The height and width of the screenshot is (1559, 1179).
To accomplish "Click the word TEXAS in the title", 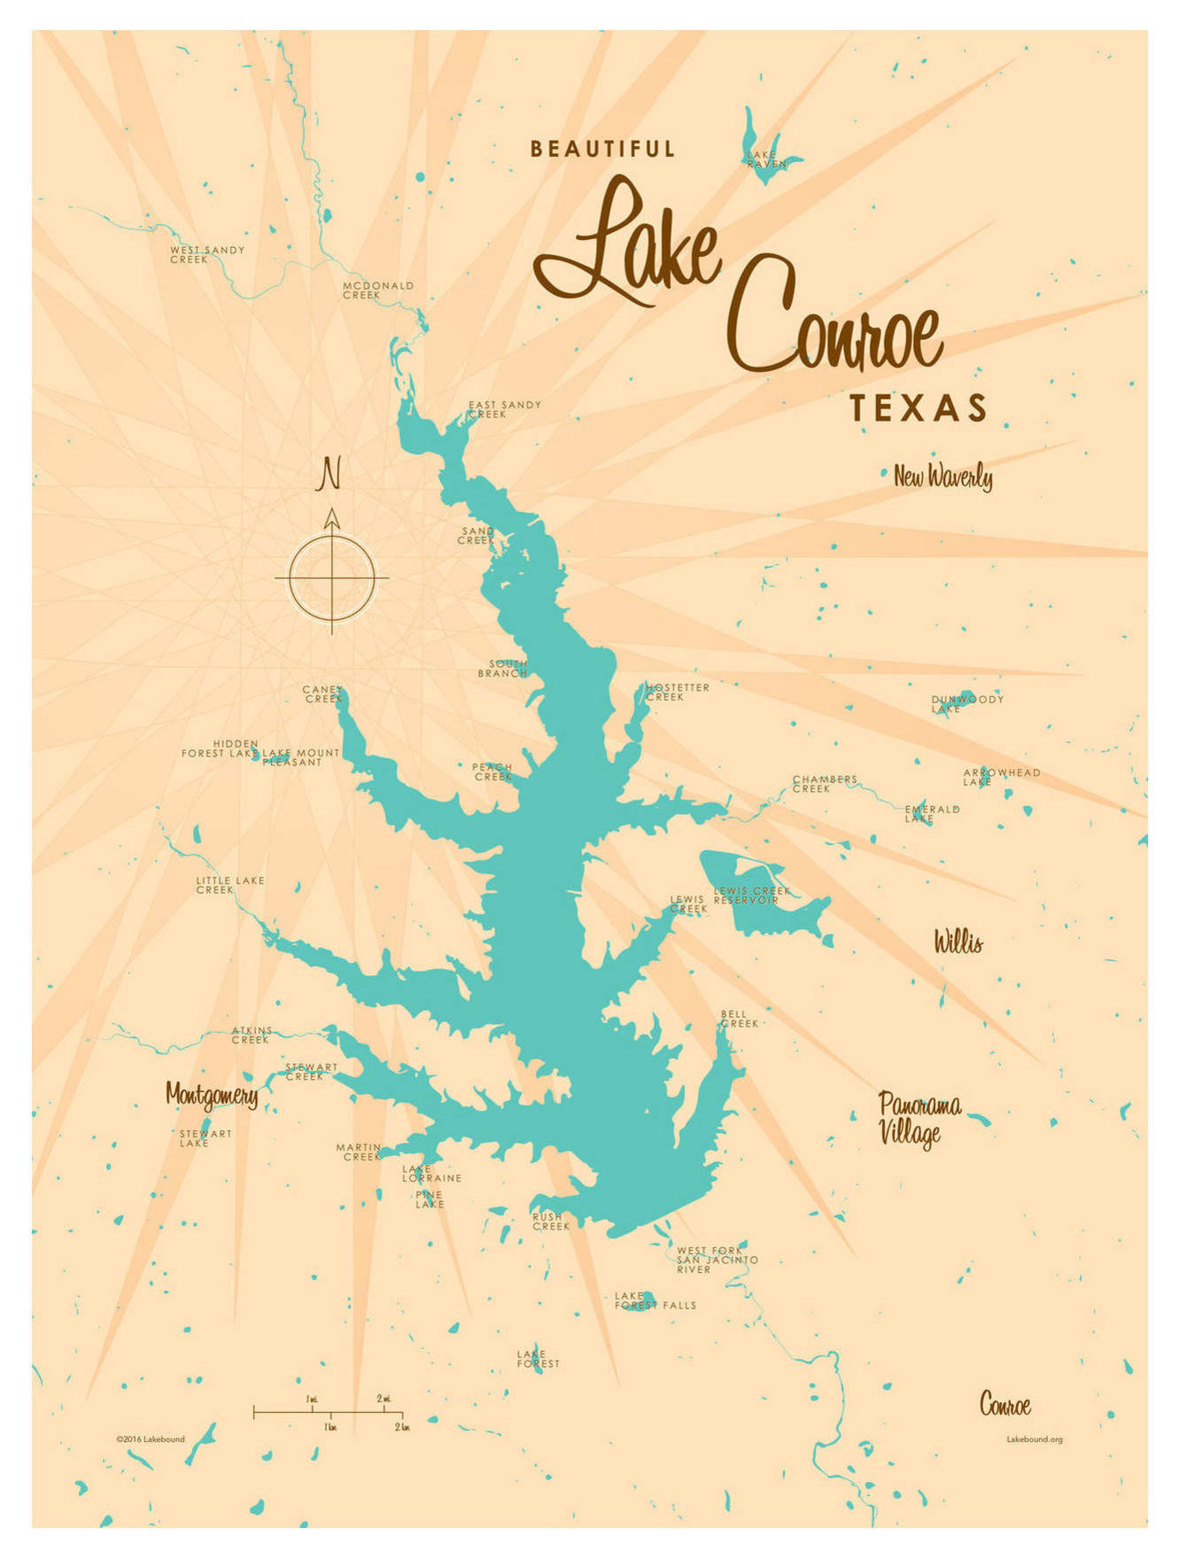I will click(918, 408).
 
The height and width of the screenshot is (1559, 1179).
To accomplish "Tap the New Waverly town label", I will click(942, 477).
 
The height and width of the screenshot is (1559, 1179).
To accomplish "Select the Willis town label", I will click(958, 942).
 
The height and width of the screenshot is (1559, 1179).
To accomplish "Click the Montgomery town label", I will click(212, 1095).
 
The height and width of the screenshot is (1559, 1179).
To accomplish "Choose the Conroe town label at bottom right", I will click(1004, 1405).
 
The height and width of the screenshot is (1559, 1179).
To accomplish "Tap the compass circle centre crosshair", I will click(332, 578).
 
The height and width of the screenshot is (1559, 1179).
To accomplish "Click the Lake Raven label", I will click(765, 159).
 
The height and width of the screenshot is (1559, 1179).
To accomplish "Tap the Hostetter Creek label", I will click(678, 692).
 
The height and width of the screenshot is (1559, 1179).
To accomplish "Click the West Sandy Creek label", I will click(206, 254).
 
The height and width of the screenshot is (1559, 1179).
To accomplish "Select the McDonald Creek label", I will click(377, 290).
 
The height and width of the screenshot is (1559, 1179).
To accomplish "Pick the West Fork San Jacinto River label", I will click(716, 1260).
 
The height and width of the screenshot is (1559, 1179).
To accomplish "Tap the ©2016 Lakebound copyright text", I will click(150, 1439).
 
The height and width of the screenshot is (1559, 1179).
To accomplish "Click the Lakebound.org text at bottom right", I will click(1034, 1439).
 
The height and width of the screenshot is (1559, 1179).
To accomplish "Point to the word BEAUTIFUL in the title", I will click(602, 149).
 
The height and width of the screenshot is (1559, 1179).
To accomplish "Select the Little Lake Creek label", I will click(229, 885).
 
